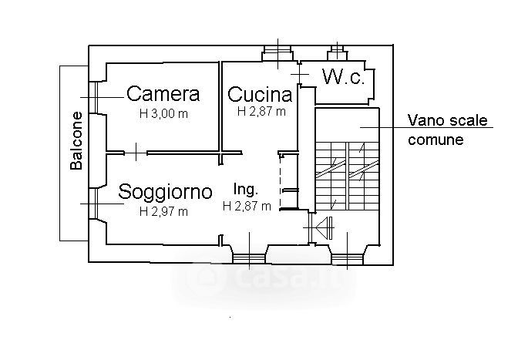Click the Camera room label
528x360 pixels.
(x=163, y=94)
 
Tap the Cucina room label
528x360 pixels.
(x=260, y=94)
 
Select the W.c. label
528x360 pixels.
(x=344, y=77)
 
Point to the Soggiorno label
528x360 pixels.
(x=165, y=193)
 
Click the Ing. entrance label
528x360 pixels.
(x=246, y=190)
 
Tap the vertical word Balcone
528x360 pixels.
(x=76, y=141)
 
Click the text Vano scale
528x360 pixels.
(x=448, y=120)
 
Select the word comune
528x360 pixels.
(x=436, y=140)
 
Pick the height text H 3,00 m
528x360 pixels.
(x=163, y=114)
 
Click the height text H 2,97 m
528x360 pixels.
(x=163, y=211)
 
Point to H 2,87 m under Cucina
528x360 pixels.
(x=261, y=112)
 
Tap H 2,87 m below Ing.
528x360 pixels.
(x=247, y=206)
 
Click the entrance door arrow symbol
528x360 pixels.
(x=324, y=227)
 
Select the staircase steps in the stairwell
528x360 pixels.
(x=347, y=177)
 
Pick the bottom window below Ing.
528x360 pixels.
(x=249, y=258)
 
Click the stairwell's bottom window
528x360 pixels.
(x=348, y=259)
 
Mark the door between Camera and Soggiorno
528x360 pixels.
(x=136, y=153)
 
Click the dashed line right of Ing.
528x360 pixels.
(x=281, y=182)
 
